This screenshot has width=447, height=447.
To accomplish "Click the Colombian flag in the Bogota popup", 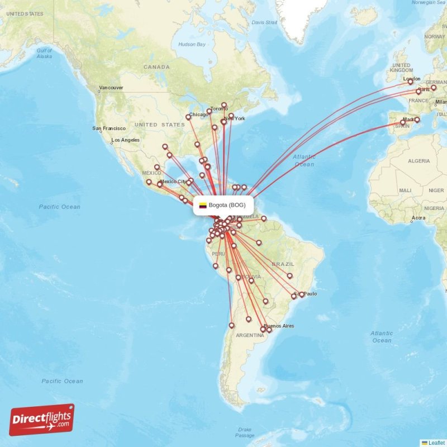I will coord(203,205).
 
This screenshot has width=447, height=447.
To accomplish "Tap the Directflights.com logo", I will coord(42,420).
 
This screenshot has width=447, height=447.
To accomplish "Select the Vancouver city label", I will coord(111,88).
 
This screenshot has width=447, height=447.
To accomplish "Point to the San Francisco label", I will coord(109,129).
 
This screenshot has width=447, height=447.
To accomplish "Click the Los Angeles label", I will coord(126,140).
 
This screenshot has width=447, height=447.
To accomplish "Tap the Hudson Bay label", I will coord(192,44).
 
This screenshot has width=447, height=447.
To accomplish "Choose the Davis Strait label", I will coord(264,22).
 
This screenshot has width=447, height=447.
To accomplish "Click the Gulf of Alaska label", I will coord(44,53).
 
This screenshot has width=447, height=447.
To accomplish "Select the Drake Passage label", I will coord(244,432).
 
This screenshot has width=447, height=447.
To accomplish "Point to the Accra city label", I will coord(418,217).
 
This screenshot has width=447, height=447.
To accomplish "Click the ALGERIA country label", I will coord(419,161).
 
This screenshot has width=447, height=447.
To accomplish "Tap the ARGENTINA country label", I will coord(250,335).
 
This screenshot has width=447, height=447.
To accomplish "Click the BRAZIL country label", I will coord(283,264).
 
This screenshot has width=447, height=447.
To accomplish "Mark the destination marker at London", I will coord(410,82).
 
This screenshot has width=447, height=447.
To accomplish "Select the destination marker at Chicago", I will coord(188,117).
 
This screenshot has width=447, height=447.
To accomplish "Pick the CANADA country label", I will coord(156,67).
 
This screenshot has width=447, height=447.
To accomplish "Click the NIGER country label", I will coord(436,191).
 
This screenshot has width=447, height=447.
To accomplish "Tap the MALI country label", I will coord(405,191).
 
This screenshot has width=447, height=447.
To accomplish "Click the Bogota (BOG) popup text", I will coord(227,205).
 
